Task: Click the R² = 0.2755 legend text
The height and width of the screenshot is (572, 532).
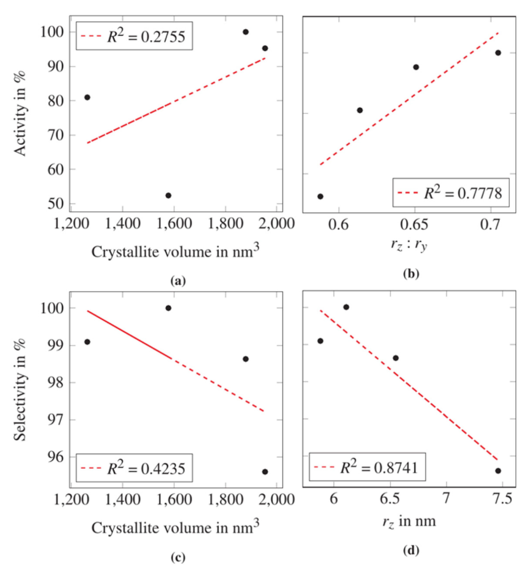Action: (146, 37)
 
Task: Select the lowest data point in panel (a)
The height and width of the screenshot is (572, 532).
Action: (168, 195)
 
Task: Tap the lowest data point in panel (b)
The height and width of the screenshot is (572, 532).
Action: (320, 196)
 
